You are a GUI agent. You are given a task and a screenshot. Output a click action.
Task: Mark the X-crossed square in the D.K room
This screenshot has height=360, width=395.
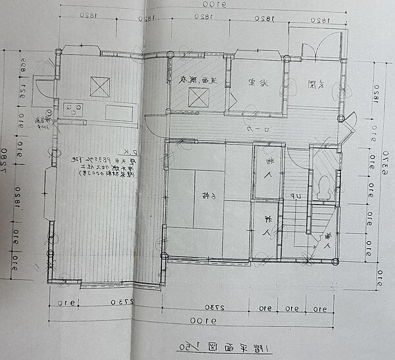pos(99,86)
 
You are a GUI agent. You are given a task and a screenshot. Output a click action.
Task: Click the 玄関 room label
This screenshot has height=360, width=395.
pos(321,84)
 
